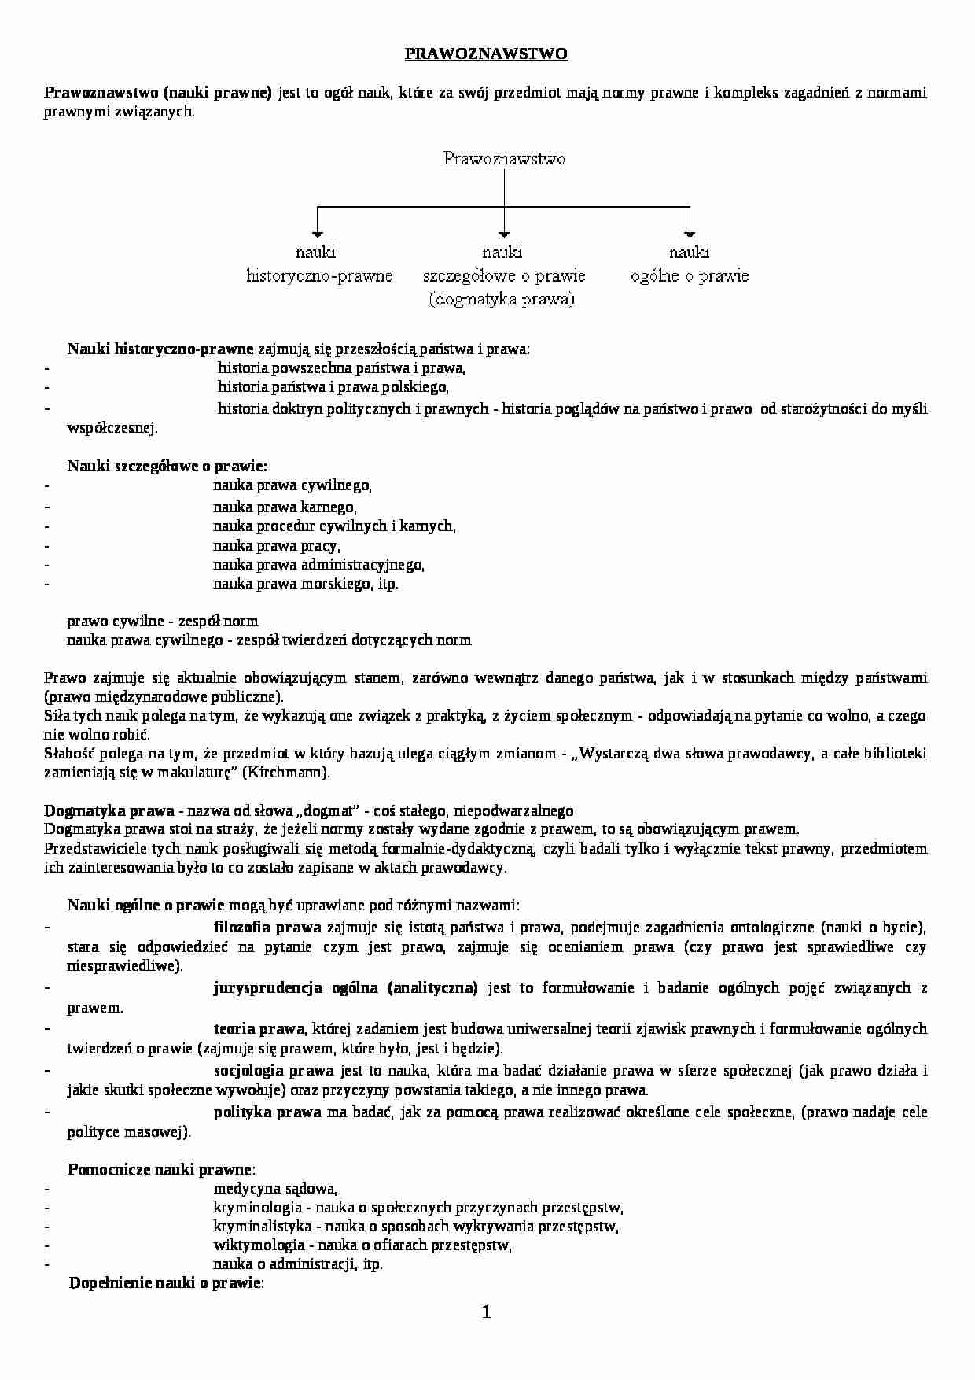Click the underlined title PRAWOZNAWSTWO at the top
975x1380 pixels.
[486, 54]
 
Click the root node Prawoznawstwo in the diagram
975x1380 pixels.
[504, 159]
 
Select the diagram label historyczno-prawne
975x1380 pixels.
[319, 276]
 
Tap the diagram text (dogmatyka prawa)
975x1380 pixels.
[502, 300]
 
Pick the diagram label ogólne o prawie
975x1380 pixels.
[689, 276]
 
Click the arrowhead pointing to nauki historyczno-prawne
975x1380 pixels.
[317, 233]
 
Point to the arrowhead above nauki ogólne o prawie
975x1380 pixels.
[690, 233]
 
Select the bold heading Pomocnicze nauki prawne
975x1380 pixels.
[160, 1170]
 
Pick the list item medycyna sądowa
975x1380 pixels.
[274, 1189]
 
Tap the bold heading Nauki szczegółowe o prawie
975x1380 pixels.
[167, 467]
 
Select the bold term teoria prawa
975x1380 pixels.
[259, 1029]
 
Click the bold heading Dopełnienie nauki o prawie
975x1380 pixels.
[165, 1283]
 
